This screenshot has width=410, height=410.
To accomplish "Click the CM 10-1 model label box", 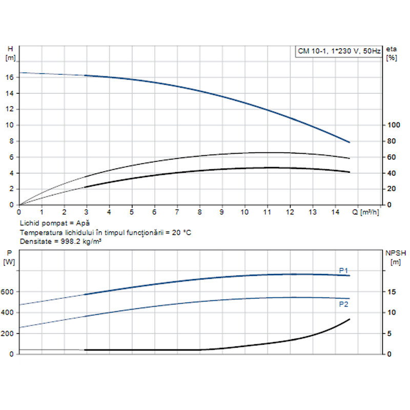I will (x=339, y=51).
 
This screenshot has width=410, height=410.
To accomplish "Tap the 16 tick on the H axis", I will (x=11, y=77).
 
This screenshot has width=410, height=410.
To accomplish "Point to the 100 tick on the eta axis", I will (x=393, y=126).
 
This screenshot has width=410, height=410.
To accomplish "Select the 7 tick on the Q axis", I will (x=177, y=212).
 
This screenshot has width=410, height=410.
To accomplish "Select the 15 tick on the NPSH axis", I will (x=392, y=292).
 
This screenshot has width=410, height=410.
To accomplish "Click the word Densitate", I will (x=35, y=241).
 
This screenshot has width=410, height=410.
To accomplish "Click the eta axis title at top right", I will (x=392, y=49).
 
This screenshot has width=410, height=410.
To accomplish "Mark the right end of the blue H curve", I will (x=350, y=142).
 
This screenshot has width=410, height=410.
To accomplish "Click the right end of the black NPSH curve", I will (x=350, y=319).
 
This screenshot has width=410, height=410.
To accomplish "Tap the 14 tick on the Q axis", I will (x=335, y=212).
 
